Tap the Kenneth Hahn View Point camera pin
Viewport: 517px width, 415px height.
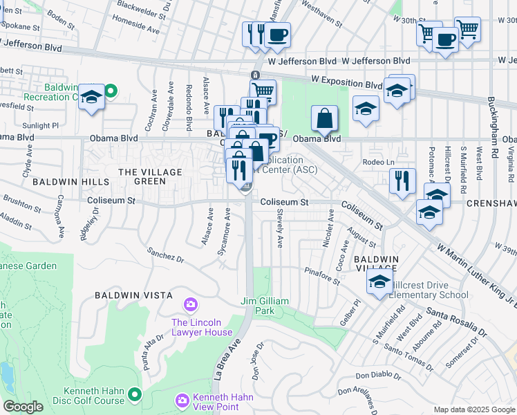click(x=182, y=400)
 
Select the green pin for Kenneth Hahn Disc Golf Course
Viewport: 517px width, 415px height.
click(x=134, y=394)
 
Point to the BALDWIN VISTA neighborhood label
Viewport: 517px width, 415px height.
click(x=134, y=295)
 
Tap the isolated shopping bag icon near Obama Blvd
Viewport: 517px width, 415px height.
click(x=325, y=120)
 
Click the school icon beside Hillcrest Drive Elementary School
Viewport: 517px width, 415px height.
click(x=379, y=282)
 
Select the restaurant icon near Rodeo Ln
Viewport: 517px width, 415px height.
click(x=402, y=181)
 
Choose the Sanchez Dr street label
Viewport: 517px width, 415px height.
click(x=165, y=255)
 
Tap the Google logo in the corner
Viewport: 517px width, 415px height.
click(x=23, y=407)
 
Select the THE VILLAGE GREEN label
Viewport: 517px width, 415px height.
click(x=150, y=176)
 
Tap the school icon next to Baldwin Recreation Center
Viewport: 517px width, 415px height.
click(x=91, y=98)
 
